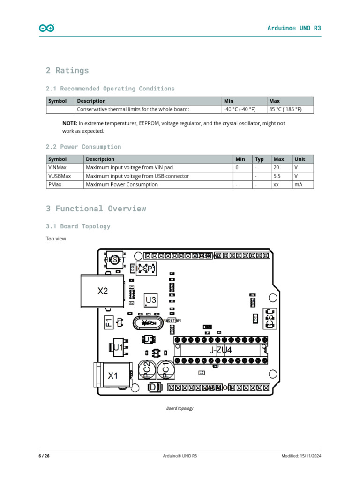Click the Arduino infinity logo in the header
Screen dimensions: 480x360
pos(46,28)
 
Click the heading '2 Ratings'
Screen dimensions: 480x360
pos(67,71)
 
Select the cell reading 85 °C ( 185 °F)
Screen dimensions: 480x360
pos(285,110)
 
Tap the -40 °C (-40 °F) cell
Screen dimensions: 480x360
pos(240,110)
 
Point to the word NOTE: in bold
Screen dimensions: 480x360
pos(69,123)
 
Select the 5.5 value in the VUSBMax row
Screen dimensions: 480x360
pos(277,176)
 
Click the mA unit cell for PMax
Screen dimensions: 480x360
pos(298,185)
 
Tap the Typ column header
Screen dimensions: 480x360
pos(259,159)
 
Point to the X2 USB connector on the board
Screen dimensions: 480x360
pos(102,291)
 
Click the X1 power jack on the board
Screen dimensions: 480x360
pos(112,375)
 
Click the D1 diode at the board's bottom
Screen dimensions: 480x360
pos(155,388)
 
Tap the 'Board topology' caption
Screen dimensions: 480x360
pos(180,408)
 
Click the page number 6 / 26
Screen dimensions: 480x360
pos(44,456)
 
